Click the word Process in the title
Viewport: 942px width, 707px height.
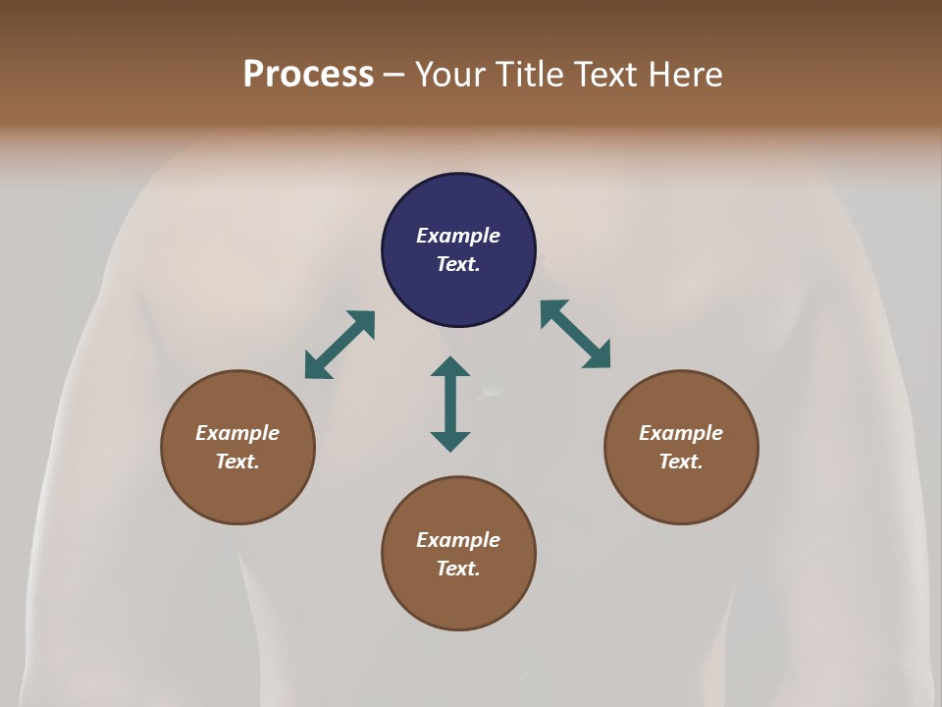pyautogui.click(x=308, y=75)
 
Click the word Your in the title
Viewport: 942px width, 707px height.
pyautogui.click(x=449, y=75)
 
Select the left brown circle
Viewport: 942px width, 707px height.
pyautogui.click(x=237, y=491)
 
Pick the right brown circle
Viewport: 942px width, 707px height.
pyautogui.click(x=681, y=491)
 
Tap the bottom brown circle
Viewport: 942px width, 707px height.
pyautogui.click(x=458, y=599)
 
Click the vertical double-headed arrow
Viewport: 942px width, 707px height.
pyautogui.click(x=450, y=404)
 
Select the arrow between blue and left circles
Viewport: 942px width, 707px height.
pyautogui.click(x=340, y=345)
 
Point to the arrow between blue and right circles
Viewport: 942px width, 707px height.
pyautogui.click(x=576, y=334)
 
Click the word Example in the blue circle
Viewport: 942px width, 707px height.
pyautogui.click(x=458, y=236)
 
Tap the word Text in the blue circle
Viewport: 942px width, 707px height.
pyautogui.click(x=458, y=264)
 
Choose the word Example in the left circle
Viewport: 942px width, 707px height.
pyautogui.click(x=237, y=433)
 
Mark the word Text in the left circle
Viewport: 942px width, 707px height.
pyautogui.click(x=237, y=462)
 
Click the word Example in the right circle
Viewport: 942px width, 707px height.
pyautogui.click(x=681, y=433)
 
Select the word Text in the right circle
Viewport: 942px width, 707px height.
pyautogui.click(x=681, y=462)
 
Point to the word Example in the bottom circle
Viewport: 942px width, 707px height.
pyautogui.click(x=458, y=540)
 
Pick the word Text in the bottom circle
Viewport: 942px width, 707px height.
pyautogui.click(x=458, y=569)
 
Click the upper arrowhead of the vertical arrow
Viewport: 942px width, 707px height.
pyautogui.click(x=450, y=366)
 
